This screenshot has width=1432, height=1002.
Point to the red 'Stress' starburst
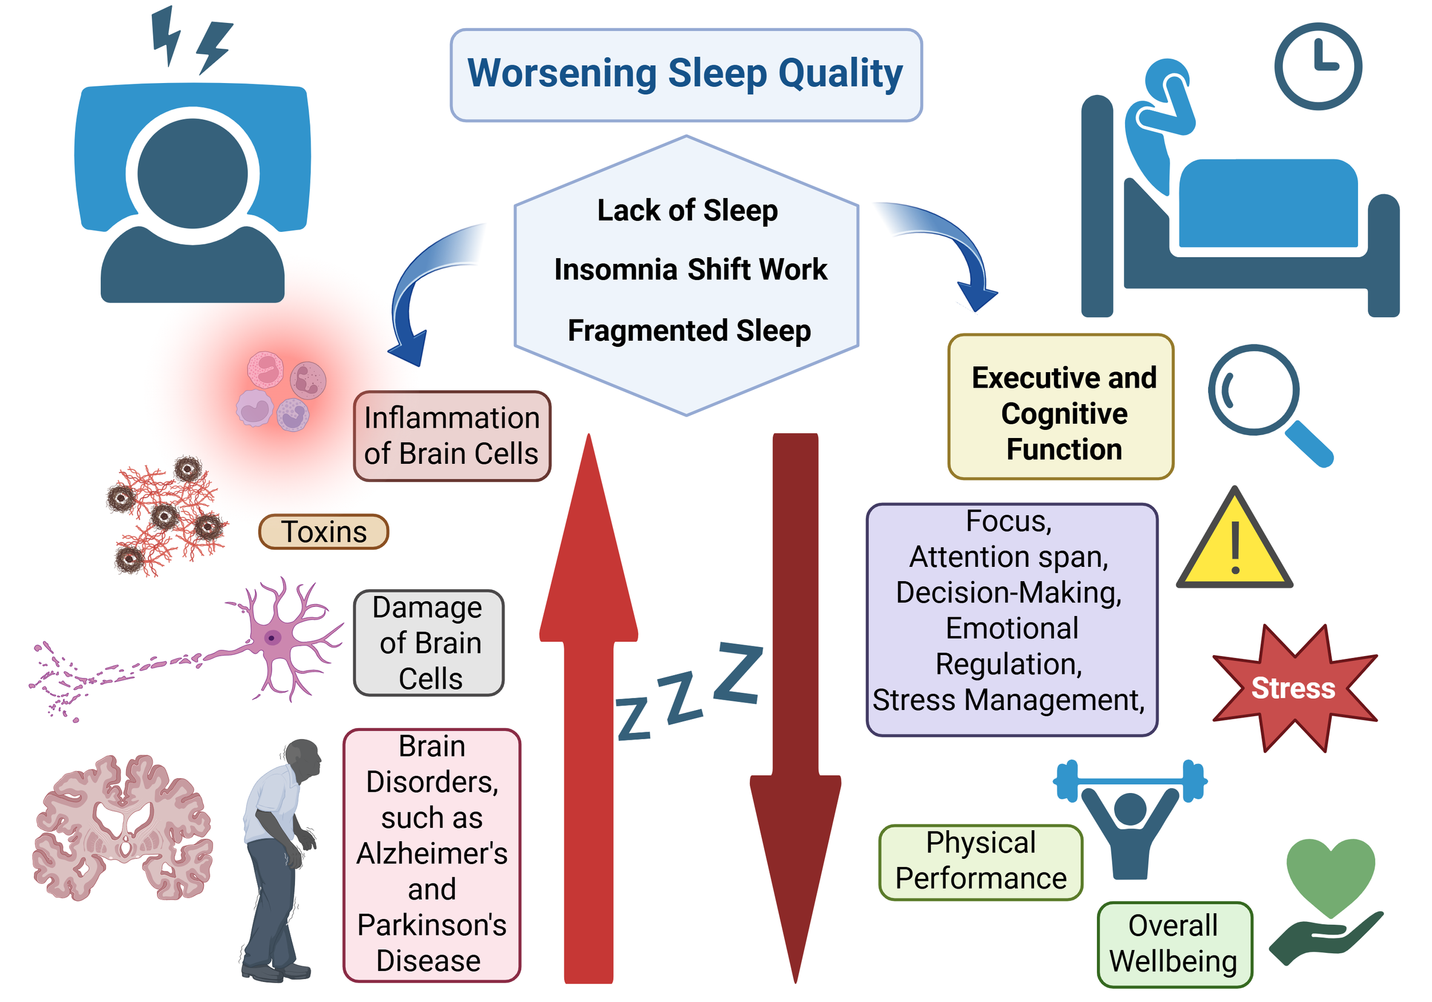(1293, 688)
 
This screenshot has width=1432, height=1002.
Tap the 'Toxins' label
(324, 532)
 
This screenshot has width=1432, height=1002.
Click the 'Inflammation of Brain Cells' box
(451, 436)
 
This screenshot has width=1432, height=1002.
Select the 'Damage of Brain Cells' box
(429, 643)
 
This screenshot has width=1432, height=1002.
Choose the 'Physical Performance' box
(981, 861)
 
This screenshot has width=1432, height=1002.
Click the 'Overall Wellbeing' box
(1174, 944)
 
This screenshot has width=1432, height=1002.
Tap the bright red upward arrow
(588, 717)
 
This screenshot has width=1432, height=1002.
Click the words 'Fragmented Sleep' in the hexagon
(689, 330)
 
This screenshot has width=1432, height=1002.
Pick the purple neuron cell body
(273, 637)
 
